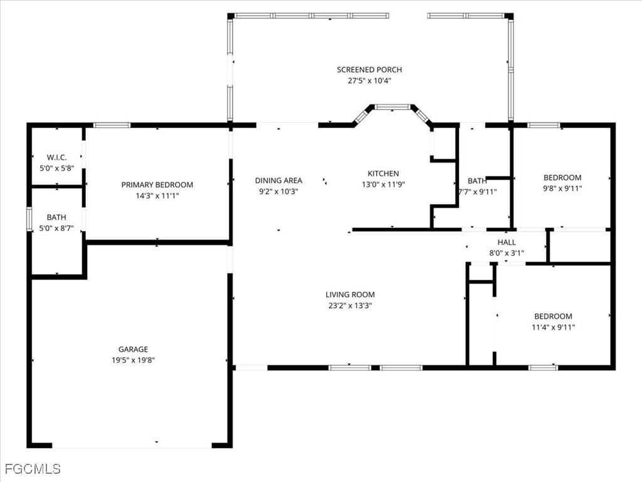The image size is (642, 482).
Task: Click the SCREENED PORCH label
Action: (369, 70)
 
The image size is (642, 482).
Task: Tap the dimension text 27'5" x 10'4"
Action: (369, 81)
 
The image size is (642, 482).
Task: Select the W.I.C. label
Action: (56, 158)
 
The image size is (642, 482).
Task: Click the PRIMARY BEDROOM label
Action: (157, 185)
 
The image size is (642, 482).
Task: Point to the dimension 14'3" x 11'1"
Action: (157, 196)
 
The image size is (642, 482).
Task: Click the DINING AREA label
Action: (278, 181)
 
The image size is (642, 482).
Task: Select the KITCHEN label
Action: (382, 174)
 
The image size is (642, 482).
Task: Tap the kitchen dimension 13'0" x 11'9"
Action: (382, 185)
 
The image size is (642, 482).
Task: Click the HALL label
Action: (507, 242)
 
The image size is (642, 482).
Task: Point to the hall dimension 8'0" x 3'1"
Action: (507, 254)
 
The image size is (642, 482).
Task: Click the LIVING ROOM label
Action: (350, 294)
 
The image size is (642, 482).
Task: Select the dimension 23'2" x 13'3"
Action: (350, 306)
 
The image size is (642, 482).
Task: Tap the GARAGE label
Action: (133, 349)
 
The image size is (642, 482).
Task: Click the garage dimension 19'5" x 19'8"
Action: (133, 360)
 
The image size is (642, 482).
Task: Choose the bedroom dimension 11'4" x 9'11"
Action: (553, 327)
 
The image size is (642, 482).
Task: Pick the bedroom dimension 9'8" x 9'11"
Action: (562, 188)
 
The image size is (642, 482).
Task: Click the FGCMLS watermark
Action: (32, 469)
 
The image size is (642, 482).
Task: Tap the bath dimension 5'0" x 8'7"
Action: (56, 229)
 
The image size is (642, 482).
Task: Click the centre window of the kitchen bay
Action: (392, 108)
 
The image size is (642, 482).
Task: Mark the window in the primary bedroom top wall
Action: (112, 125)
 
